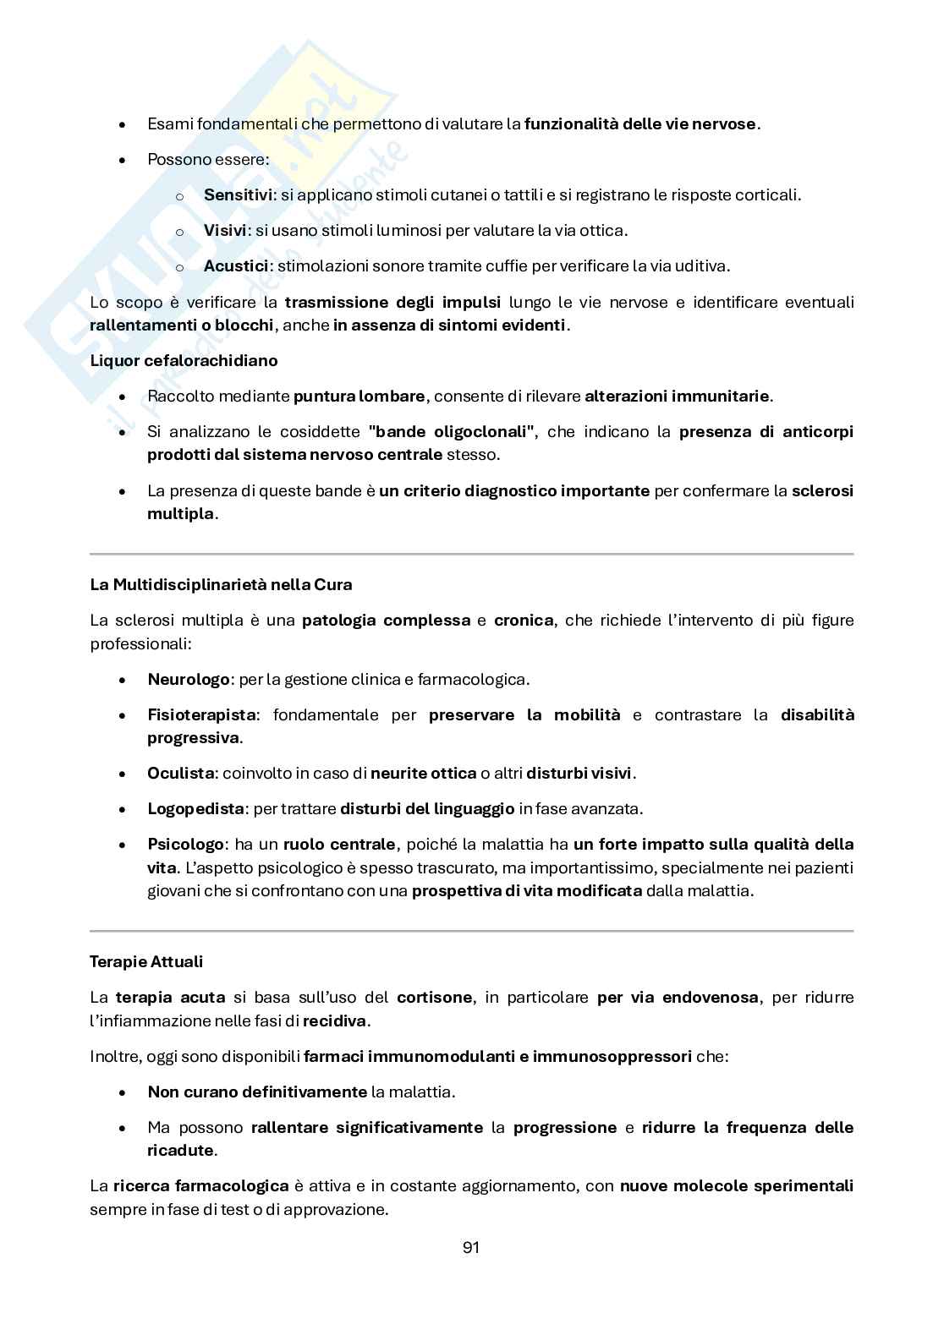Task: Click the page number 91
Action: coord(471,1247)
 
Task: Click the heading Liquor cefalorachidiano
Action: coord(184,360)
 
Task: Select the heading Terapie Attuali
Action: coord(146,961)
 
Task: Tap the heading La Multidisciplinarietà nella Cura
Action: coord(221,584)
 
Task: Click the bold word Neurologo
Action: coord(189,679)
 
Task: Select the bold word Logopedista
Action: coord(195,808)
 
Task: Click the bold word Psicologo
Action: coord(186,844)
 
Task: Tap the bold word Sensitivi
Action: coord(238,194)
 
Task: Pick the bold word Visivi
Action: coord(225,230)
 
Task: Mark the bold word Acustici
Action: coord(236,265)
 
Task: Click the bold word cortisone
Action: coord(434,997)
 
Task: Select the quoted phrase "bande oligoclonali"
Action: coord(453,431)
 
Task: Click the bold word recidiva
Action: coord(335,1020)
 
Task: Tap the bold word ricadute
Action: coord(180,1150)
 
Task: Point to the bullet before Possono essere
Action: coord(123,160)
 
